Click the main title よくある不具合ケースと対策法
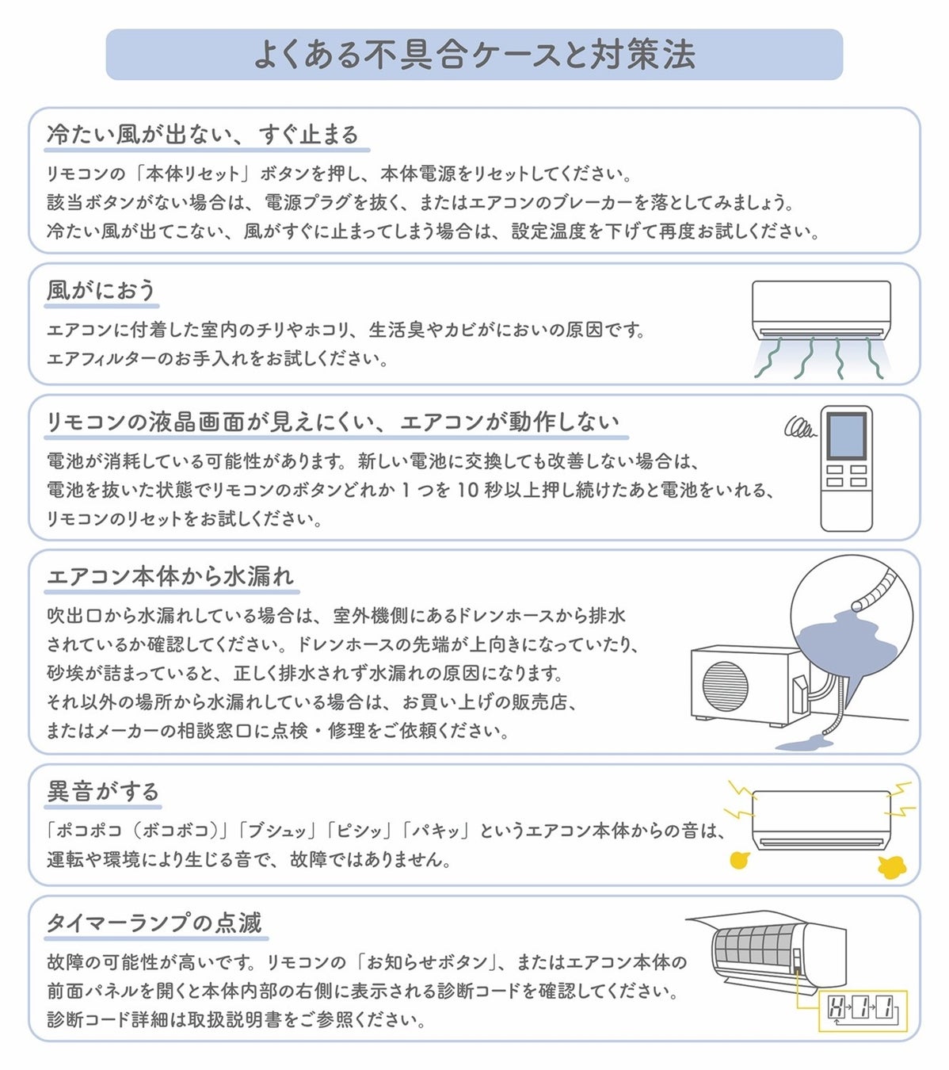pyautogui.click(x=474, y=55)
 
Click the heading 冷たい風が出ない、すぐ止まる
pyautogui.click(x=203, y=135)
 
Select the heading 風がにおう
pyautogui.click(x=101, y=290)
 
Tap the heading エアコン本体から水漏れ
pyautogui.click(x=170, y=576)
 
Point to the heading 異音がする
pyautogui.click(x=103, y=791)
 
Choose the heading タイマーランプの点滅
pyautogui.click(x=154, y=923)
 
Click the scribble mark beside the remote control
pyautogui.click(x=799, y=428)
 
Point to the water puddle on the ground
pyautogui.click(x=804, y=743)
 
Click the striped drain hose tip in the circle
pyautogui.click(x=875, y=591)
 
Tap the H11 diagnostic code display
pyautogui.click(x=862, y=1009)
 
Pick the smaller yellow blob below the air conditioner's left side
pyautogui.click(x=739, y=860)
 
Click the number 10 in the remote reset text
pyautogui.click(x=467, y=490)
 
